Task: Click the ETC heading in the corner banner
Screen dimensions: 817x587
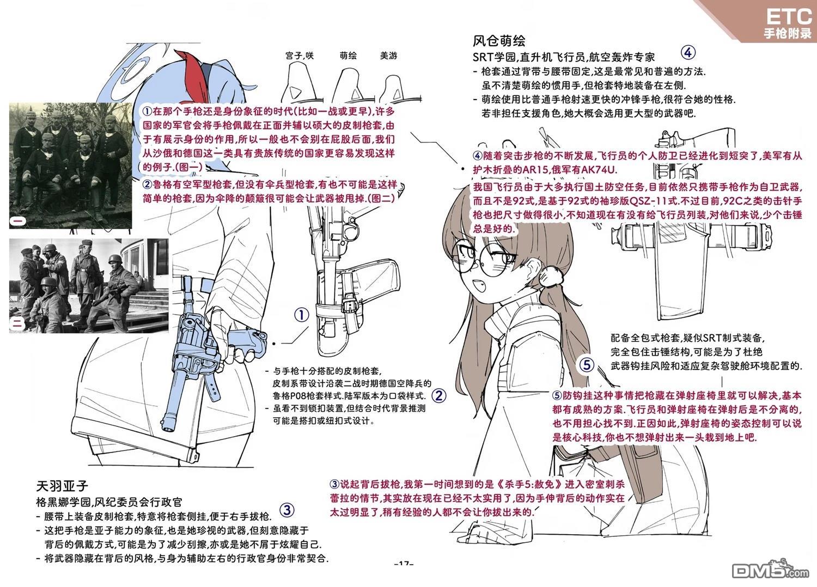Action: [x=788, y=17]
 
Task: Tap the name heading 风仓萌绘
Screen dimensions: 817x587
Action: [x=498, y=41]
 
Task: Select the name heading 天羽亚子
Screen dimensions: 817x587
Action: [x=63, y=486]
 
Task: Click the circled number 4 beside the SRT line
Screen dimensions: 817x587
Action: [x=688, y=52]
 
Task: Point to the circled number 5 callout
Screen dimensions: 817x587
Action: [x=587, y=365]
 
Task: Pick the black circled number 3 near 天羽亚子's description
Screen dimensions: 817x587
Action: [x=287, y=510]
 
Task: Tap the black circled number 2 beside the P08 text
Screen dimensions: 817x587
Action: [x=439, y=395]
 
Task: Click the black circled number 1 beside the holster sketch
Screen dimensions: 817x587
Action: [x=302, y=315]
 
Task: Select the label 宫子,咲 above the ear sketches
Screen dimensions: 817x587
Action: [x=300, y=56]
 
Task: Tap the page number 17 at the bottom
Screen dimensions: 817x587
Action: [x=404, y=564]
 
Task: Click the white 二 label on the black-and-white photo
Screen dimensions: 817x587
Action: [x=18, y=324]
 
